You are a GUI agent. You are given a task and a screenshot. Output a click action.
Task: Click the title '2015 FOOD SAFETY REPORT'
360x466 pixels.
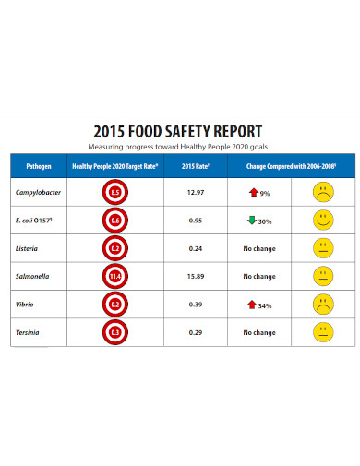pos(179,130)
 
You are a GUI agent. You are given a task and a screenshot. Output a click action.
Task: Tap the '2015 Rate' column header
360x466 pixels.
pos(195,166)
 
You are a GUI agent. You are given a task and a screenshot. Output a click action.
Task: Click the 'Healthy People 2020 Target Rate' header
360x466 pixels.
pos(115,166)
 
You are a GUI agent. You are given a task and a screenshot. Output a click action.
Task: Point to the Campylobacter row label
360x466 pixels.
pos(38,193)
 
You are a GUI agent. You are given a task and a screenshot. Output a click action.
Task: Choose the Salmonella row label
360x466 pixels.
pos(33,276)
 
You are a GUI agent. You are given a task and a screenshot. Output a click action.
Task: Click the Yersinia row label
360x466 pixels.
pos(30,331)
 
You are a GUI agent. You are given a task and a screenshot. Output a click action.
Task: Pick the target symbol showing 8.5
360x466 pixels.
pos(115,193)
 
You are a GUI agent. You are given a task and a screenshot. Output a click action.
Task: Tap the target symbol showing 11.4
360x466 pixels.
pos(115,276)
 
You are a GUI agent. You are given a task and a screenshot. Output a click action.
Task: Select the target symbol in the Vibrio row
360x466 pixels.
pos(115,304)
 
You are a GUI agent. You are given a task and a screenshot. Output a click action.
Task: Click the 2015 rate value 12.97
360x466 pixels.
pos(195,193)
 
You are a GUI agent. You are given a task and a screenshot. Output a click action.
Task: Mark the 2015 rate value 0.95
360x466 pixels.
pos(195,221)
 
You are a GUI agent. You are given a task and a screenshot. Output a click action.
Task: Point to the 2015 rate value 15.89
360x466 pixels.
pos(195,276)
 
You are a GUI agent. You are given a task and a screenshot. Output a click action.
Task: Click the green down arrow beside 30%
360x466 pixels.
pos(251,220)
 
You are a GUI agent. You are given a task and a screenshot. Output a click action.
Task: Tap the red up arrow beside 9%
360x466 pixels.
pos(252,192)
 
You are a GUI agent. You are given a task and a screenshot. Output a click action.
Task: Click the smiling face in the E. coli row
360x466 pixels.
pos(322,221)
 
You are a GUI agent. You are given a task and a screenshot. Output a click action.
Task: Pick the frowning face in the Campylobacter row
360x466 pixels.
pos(322,193)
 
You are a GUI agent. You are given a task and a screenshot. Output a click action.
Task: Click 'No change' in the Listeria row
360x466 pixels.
pos(259,248)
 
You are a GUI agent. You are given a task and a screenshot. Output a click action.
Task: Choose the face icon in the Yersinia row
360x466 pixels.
pos(322,331)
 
